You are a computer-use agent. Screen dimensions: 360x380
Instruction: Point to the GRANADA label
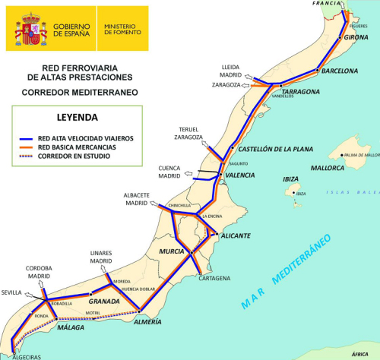coord(105,302)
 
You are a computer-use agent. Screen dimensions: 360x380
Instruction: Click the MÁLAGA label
coord(70,327)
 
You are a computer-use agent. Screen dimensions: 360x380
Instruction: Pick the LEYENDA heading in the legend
coord(77,118)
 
